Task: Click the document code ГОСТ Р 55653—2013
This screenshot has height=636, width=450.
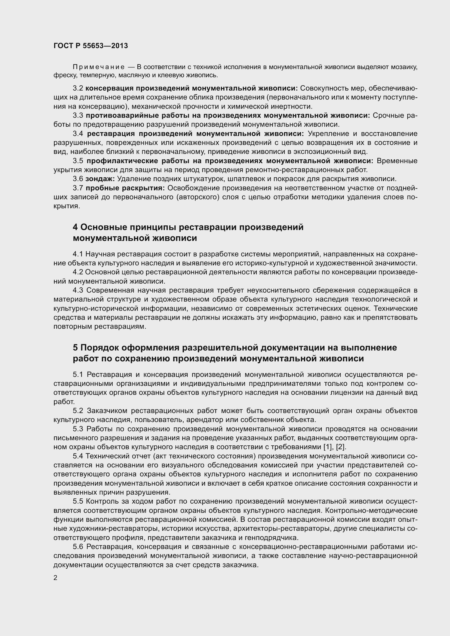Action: point(91,46)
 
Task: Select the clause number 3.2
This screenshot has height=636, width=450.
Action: point(78,88)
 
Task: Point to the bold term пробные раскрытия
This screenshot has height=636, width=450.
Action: point(125,188)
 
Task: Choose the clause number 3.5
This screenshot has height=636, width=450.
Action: point(78,161)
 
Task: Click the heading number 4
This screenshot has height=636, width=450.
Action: point(75,227)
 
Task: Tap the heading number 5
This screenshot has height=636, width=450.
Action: point(75,348)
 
